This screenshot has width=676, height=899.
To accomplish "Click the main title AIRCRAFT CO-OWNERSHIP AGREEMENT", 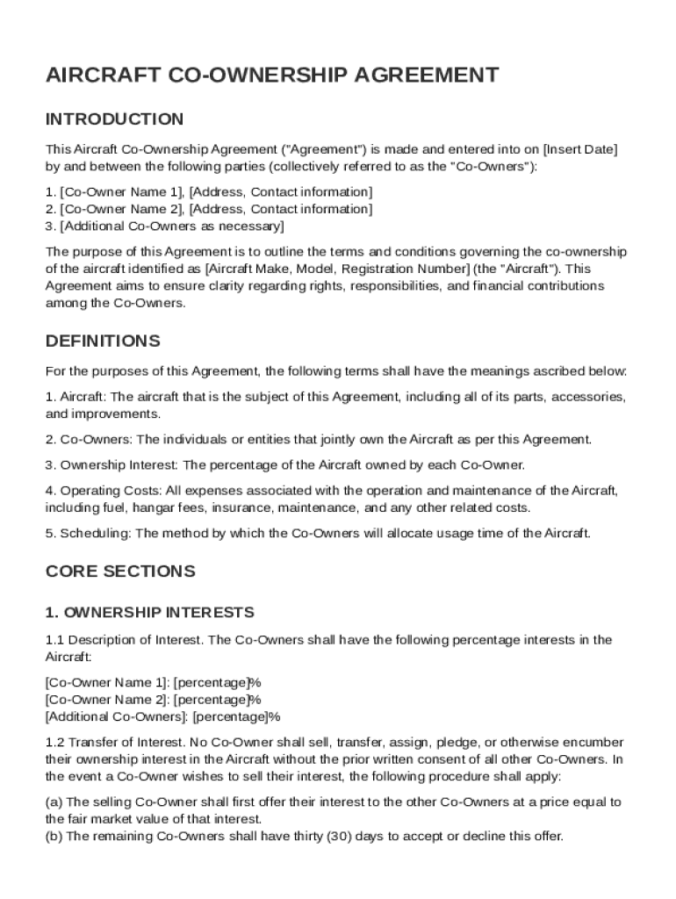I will click(x=272, y=76).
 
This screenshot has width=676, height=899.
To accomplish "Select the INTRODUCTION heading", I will click(x=114, y=119).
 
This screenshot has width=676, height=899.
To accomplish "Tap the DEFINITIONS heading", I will click(x=103, y=341).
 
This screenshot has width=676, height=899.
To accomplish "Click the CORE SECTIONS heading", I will click(x=120, y=572).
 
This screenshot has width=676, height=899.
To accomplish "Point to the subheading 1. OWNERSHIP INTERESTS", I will click(x=150, y=612).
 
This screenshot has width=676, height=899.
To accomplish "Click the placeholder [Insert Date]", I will click(x=580, y=149).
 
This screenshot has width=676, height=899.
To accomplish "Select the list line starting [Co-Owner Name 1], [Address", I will click(x=209, y=192).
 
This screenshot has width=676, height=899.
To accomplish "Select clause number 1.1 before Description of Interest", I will click(x=54, y=640).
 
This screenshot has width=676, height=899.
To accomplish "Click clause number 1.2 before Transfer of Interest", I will click(x=54, y=743).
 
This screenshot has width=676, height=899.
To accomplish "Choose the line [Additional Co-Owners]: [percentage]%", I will click(x=162, y=717).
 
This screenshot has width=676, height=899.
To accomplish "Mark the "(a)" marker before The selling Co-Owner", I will click(x=54, y=802).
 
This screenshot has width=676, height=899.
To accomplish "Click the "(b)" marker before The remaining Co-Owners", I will click(x=54, y=837).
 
